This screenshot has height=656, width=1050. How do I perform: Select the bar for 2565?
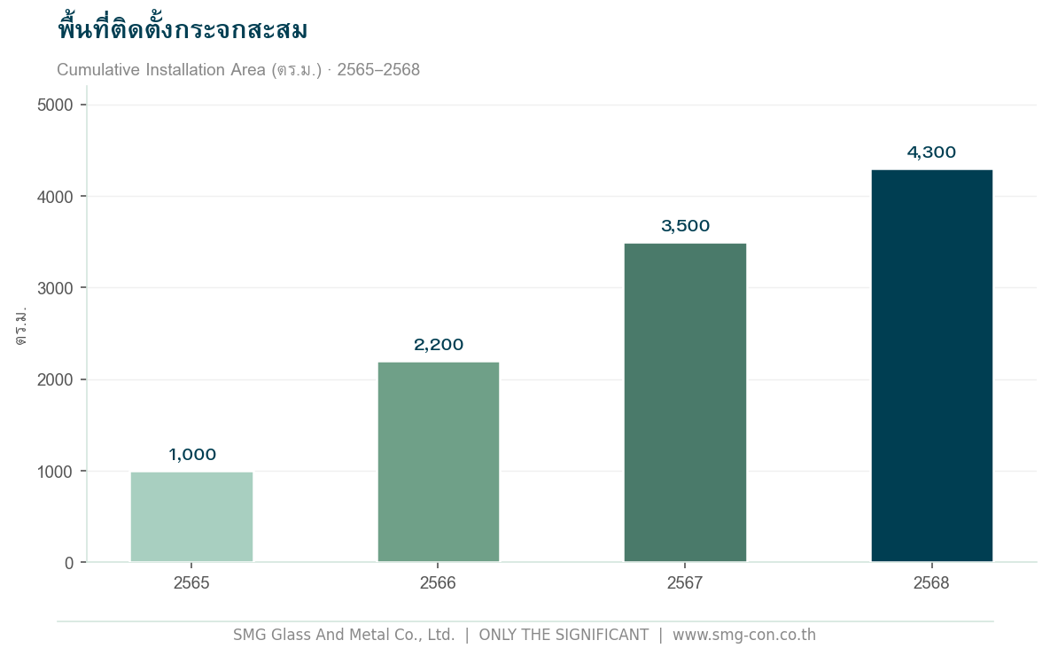click(x=191, y=517)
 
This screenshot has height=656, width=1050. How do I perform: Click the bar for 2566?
click(x=438, y=462)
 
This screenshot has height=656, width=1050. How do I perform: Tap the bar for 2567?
click(x=685, y=402)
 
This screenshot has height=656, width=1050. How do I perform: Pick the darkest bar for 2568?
click(x=931, y=365)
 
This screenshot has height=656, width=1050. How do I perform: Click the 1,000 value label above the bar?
click(x=192, y=455)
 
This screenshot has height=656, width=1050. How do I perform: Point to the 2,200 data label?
click(x=439, y=345)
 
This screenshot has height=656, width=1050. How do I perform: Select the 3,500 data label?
click(x=686, y=226)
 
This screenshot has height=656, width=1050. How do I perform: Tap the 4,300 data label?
click(x=931, y=152)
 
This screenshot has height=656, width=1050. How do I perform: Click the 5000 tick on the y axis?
click(x=55, y=105)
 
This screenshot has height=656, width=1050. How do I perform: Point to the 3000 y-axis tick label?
click(x=55, y=288)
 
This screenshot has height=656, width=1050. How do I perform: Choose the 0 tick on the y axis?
click(x=69, y=563)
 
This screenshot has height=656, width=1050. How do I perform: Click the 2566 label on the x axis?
click(x=438, y=583)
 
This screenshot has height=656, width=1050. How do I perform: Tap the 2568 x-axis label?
click(x=931, y=583)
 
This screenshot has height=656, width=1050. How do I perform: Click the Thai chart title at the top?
click(x=183, y=30)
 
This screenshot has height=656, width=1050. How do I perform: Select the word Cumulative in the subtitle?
click(x=93, y=70)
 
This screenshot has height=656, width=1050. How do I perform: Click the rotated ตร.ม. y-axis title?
click(x=21, y=326)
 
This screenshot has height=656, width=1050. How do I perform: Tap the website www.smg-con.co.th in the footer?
click(x=743, y=635)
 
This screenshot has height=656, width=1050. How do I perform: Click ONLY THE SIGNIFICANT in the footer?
click(x=564, y=635)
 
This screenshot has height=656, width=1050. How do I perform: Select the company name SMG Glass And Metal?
click(x=319, y=635)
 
